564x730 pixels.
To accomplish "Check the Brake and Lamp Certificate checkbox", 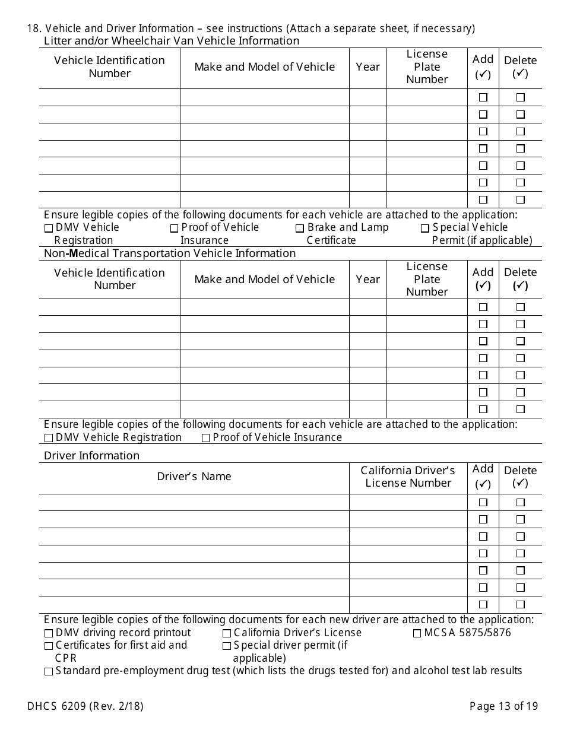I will pos(300,228).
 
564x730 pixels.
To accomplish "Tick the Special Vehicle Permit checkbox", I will pos(425,228).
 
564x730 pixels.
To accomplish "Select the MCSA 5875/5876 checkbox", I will pos(417,633).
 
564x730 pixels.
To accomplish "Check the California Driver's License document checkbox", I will pos(227,633).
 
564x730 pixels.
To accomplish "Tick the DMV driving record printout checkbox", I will pos(48,633).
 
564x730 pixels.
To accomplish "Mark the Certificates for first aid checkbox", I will pos(48,646).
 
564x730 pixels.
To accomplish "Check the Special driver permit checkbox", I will pos(227,646).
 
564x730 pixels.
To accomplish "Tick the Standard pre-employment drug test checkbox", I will pos(48,672).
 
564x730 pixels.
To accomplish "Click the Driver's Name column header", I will pos(194,477).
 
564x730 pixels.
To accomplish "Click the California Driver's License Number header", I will pos(408,477).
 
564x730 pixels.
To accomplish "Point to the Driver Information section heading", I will pos(92,455).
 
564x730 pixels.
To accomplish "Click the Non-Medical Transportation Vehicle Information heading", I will pos(170,253).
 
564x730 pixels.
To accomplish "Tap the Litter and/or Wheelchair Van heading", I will pos(172,40).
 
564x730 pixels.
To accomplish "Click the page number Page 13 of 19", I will pos(503,706).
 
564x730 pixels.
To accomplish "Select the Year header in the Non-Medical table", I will pos(367,279).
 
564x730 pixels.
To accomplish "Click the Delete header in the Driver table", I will pos(520,477).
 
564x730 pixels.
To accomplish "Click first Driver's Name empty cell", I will pos(194,502).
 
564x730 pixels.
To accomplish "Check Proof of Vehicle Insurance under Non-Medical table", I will pos(206,438).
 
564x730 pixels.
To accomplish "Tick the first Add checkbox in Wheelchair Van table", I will pos(483,97).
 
